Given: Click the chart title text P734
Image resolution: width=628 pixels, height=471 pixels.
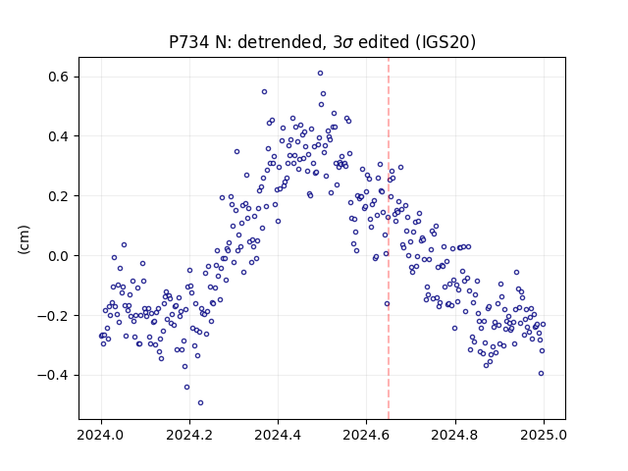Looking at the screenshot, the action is coord(189,42).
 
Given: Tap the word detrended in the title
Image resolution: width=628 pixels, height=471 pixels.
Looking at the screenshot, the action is coord(281,42).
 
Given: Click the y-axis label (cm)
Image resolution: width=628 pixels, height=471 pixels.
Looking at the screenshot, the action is coord(24,239).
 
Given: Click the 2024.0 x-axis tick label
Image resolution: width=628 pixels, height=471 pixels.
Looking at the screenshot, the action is coord(101,435).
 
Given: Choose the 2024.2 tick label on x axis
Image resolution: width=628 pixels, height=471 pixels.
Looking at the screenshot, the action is coord(189,435).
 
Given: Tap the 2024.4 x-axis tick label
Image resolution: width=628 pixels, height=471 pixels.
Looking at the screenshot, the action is coord(278,435).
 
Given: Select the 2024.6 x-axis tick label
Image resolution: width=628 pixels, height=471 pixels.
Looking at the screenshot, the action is coord(366,435).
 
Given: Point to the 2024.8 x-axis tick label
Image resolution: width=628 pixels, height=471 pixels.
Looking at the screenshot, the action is coord(455,435).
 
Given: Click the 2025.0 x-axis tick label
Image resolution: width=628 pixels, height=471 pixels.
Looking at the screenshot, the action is coord(544,435).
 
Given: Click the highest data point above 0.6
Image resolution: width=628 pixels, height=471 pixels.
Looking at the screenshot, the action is coord(321,74).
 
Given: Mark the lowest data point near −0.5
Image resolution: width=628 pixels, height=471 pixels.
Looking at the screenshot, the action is coord(200,403).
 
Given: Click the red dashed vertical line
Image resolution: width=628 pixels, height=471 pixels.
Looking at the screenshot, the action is coord(389,238).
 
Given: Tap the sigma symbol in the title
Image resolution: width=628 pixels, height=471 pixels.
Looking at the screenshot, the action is coord(348,43).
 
